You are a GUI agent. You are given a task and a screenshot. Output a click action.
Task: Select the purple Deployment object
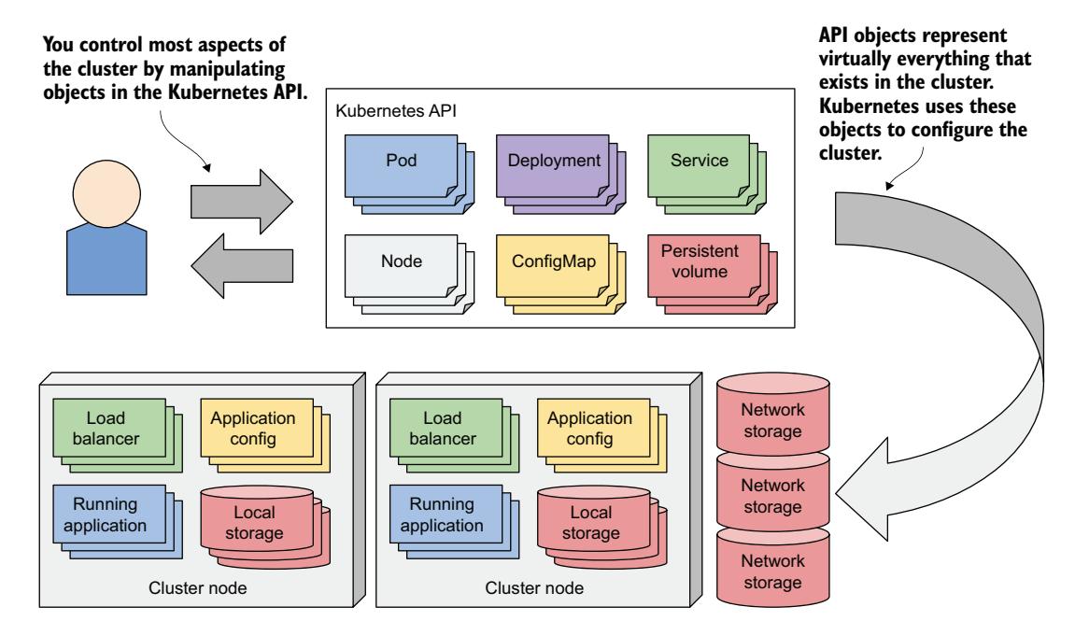coord(554,161)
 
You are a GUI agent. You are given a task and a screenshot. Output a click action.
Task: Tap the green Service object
coord(699,161)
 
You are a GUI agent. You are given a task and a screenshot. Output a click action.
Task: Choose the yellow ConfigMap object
coord(554,262)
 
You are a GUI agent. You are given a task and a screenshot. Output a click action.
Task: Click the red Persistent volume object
coord(699,261)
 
